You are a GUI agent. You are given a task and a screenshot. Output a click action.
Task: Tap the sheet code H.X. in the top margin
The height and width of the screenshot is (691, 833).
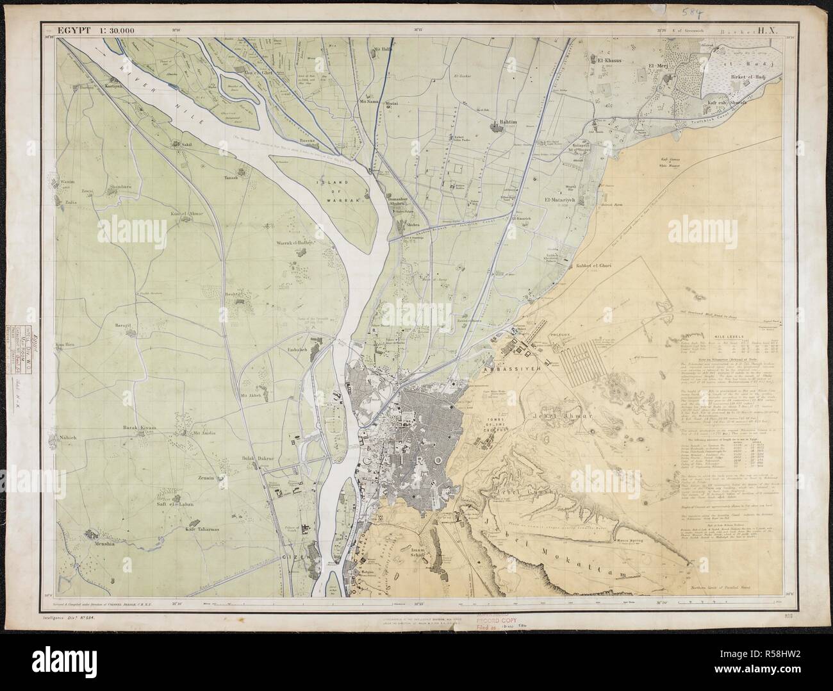(767, 29)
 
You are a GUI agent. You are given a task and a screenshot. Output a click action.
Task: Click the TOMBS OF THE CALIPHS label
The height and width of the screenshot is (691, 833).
(493, 424)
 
